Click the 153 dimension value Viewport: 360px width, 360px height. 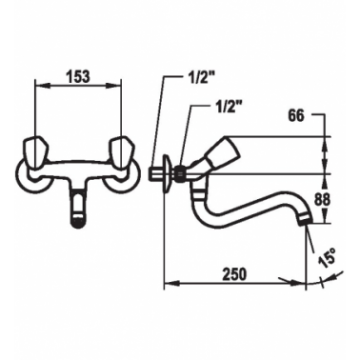[78, 77]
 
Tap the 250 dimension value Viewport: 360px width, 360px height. [234, 274]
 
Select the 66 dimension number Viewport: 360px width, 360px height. [296, 116]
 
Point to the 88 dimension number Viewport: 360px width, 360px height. [322, 200]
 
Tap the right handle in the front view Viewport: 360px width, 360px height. [121, 151]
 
